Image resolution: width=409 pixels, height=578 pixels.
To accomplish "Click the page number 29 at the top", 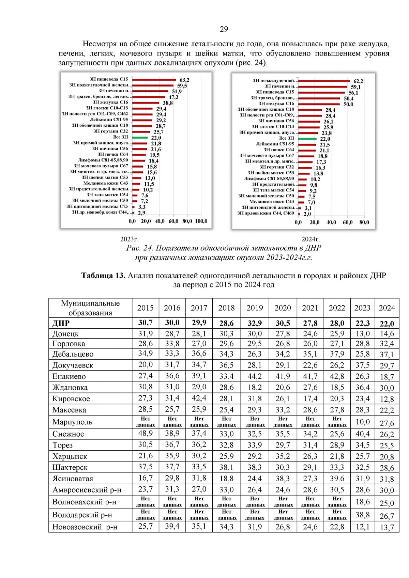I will pyautogui.click(x=224, y=29).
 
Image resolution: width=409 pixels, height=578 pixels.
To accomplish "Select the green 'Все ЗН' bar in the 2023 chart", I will pyautogui.click(x=140, y=137).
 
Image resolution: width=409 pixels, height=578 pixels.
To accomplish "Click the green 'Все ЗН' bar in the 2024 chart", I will pyautogui.click(x=307, y=139).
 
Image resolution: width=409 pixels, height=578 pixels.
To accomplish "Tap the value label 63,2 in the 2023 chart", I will pyautogui.click(x=184, y=80).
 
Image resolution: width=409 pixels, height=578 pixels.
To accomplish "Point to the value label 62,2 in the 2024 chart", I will pyautogui.click(x=358, y=81).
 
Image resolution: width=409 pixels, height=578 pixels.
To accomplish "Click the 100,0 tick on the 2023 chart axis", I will pyautogui.click(x=201, y=221).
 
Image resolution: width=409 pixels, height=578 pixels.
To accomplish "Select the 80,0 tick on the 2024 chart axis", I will pyautogui.click(x=364, y=222).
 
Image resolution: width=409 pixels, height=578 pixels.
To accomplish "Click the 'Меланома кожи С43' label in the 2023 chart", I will pyautogui.click(x=106, y=183).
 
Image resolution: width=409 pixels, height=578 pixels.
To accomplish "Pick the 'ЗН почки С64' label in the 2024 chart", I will pyautogui.click(x=279, y=150).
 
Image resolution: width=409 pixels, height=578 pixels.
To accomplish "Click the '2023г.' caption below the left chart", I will pyautogui.click(x=130, y=239).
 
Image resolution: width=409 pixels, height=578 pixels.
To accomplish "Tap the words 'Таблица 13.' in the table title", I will pyautogui.click(x=103, y=276).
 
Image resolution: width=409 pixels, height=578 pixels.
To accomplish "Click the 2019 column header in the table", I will pyautogui.click(x=255, y=308).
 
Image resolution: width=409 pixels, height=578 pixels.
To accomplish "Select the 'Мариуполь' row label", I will pyautogui.click(x=72, y=422).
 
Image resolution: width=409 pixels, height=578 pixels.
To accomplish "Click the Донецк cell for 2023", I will pyautogui.click(x=362, y=334).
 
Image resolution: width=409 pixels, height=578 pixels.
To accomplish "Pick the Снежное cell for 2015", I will pyautogui.click(x=145, y=433).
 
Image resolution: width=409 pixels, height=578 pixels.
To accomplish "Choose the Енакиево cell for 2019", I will pyautogui.click(x=255, y=376).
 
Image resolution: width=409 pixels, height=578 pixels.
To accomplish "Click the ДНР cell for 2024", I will pyautogui.click(x=387, y=324).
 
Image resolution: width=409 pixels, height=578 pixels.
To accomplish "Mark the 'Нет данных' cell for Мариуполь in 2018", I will pyautogui.click(x=226, y=422).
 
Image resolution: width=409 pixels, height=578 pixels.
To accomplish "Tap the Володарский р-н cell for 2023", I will pyautogui.click(x=362, y=515).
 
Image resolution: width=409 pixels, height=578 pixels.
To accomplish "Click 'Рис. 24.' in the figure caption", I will pyautogui.click(x=140, y=248).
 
